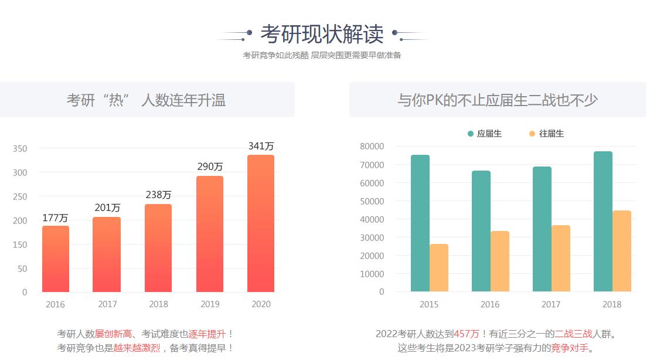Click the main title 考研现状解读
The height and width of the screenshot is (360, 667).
(x=322, y=34)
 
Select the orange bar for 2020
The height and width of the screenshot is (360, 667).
(x=261, y=223)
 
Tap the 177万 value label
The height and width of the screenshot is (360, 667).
(x=55, y=218)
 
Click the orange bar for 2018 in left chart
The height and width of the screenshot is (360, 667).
(x=158, y=248)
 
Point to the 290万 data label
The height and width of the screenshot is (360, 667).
(x=210, y=167)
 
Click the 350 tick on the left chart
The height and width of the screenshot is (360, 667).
(x=20, y=149)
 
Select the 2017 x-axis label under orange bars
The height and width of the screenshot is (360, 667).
(x=107, y=304)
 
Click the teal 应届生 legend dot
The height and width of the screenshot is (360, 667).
(x=471, y=134)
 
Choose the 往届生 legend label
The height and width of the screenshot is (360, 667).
(x=552, y=134)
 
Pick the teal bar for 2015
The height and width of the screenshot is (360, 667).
(x=420, y=223)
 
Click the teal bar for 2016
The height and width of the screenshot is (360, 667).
(x=481, y=231)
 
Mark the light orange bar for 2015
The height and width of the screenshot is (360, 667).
(x=439, y=267)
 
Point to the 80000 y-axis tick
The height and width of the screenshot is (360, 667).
(x=372, y=146)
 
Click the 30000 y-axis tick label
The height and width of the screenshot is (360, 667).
(x=372, y=237)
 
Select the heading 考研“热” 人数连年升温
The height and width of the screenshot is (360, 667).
(x=146, y=100)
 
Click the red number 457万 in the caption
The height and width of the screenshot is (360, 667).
(x=467, y=334)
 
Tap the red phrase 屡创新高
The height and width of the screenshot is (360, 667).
(x=113, y=334)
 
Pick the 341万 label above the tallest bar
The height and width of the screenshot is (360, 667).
(x=261, y=146)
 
